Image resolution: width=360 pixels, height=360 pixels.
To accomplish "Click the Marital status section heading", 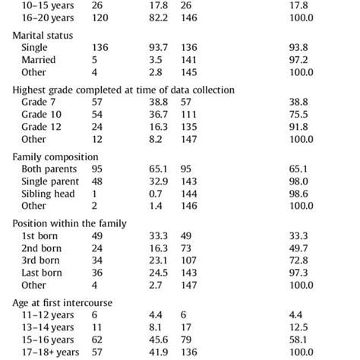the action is (43, 34).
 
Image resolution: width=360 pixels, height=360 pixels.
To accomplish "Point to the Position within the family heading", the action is (69, 223).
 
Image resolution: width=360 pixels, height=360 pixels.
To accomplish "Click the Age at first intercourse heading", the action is (63, 303).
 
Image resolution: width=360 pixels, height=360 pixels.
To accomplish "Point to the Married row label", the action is (39, 60).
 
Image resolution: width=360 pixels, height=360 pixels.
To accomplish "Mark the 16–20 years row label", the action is (44, 17).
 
